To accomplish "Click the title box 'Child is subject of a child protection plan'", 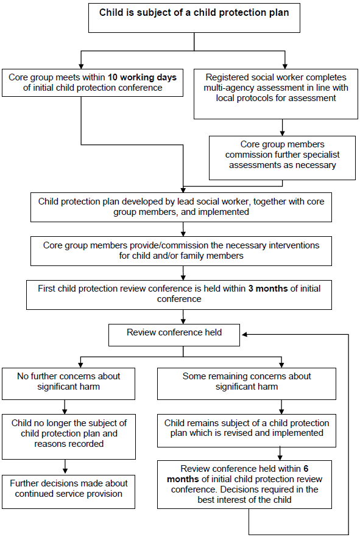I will click(194, 18).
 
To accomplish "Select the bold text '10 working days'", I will click(143, 77).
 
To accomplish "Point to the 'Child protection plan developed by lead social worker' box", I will click(182, 206).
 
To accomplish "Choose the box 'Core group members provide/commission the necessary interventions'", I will click(182, 250).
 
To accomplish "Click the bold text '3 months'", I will click(267, 289).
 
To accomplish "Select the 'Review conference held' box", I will click(174, 333).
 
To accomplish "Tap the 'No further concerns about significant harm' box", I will click(68, 382).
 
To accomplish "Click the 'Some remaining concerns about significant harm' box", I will click(247, 382).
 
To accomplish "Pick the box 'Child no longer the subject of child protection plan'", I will click(68, 434).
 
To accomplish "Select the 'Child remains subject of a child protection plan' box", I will click(247, 428).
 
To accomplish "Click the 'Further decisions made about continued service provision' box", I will click(68, 488).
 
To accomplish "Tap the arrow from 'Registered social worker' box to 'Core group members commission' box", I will click(282, 127).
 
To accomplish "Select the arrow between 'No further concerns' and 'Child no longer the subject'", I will click(64, 407).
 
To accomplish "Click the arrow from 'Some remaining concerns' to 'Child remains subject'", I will click(281, 407).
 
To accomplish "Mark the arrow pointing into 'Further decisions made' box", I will click(64, 467).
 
